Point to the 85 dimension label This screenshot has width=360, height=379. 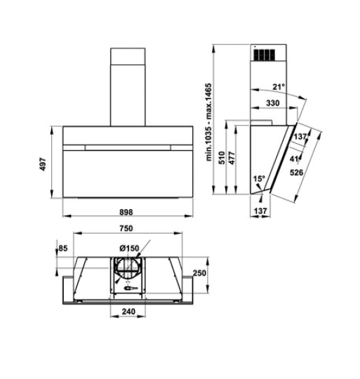coord(63,248)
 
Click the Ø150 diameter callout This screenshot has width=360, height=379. coord(128,247)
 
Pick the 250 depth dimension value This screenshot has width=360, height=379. coord(199,274)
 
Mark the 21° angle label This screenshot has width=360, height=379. coord(279,88)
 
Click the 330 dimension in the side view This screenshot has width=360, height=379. coord(274,104)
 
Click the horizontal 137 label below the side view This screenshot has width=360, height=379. coord(260,211)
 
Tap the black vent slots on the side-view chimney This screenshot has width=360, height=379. coord(264,54)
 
